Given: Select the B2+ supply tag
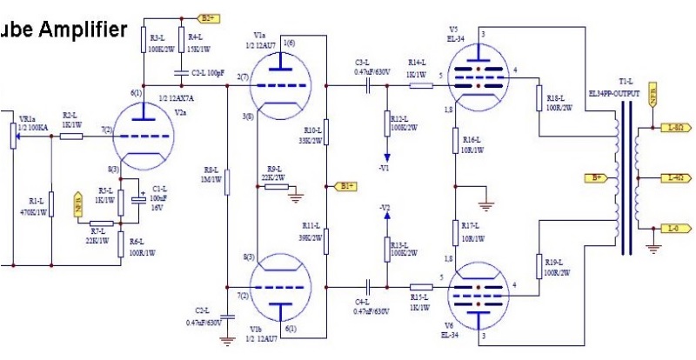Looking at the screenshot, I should (x=210, y=17).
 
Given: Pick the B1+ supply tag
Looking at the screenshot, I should (x=345, y=185).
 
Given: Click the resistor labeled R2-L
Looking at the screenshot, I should (x=72, y=136).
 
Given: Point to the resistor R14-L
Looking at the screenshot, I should (x=421, y=85).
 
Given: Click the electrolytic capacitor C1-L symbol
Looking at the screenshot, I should (x=138, y=198).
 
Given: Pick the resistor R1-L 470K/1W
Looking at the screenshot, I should (x=51, y=205).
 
